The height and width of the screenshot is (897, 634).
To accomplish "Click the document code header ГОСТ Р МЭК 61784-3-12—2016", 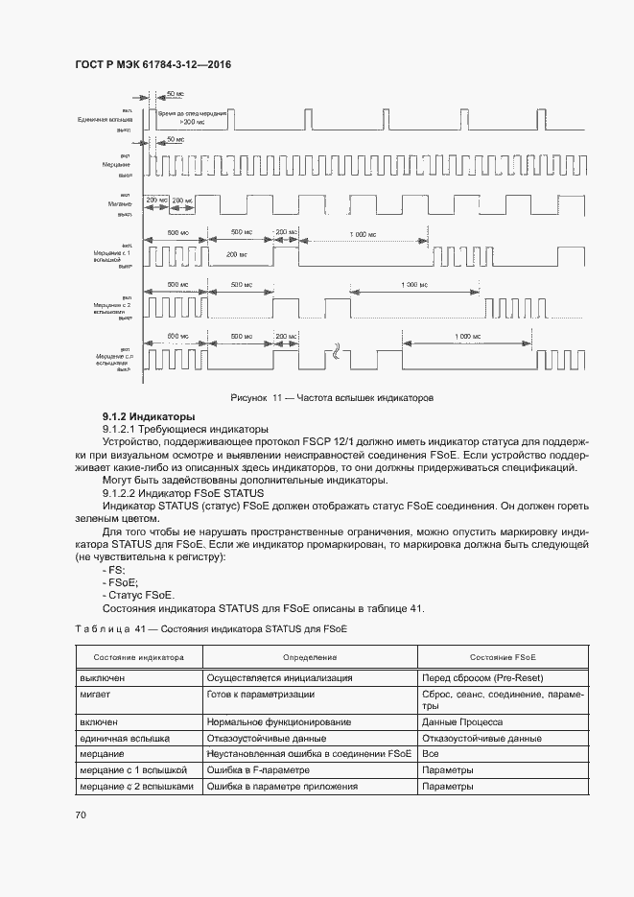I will click(x=153, y=65).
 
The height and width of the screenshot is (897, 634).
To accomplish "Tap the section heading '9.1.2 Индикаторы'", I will click(x=149, y=416).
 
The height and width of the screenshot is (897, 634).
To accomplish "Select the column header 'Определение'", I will click(x=309, y=657).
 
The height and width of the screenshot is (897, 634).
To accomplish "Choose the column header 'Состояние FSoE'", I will click(x=503, y=657).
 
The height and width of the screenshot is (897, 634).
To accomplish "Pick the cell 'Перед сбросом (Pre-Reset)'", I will click(x=483, y=677).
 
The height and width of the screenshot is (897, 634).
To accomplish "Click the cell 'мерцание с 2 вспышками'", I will click(x=136, y=787).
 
